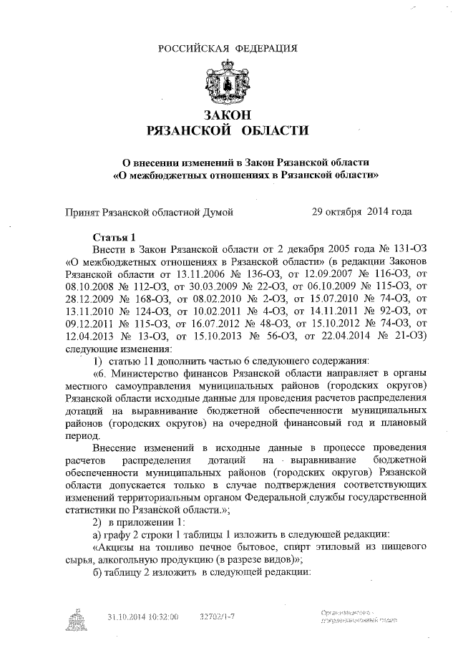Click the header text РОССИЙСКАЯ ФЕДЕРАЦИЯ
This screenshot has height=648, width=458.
228,48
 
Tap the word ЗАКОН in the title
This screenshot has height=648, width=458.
228,115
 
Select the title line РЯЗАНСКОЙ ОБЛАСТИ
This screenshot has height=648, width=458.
228,131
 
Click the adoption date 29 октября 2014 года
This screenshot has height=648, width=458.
361,212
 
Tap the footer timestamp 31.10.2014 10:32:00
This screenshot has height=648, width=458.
142,616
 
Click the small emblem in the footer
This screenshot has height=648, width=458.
74,620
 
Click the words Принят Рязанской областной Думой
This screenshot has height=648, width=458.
149,212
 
